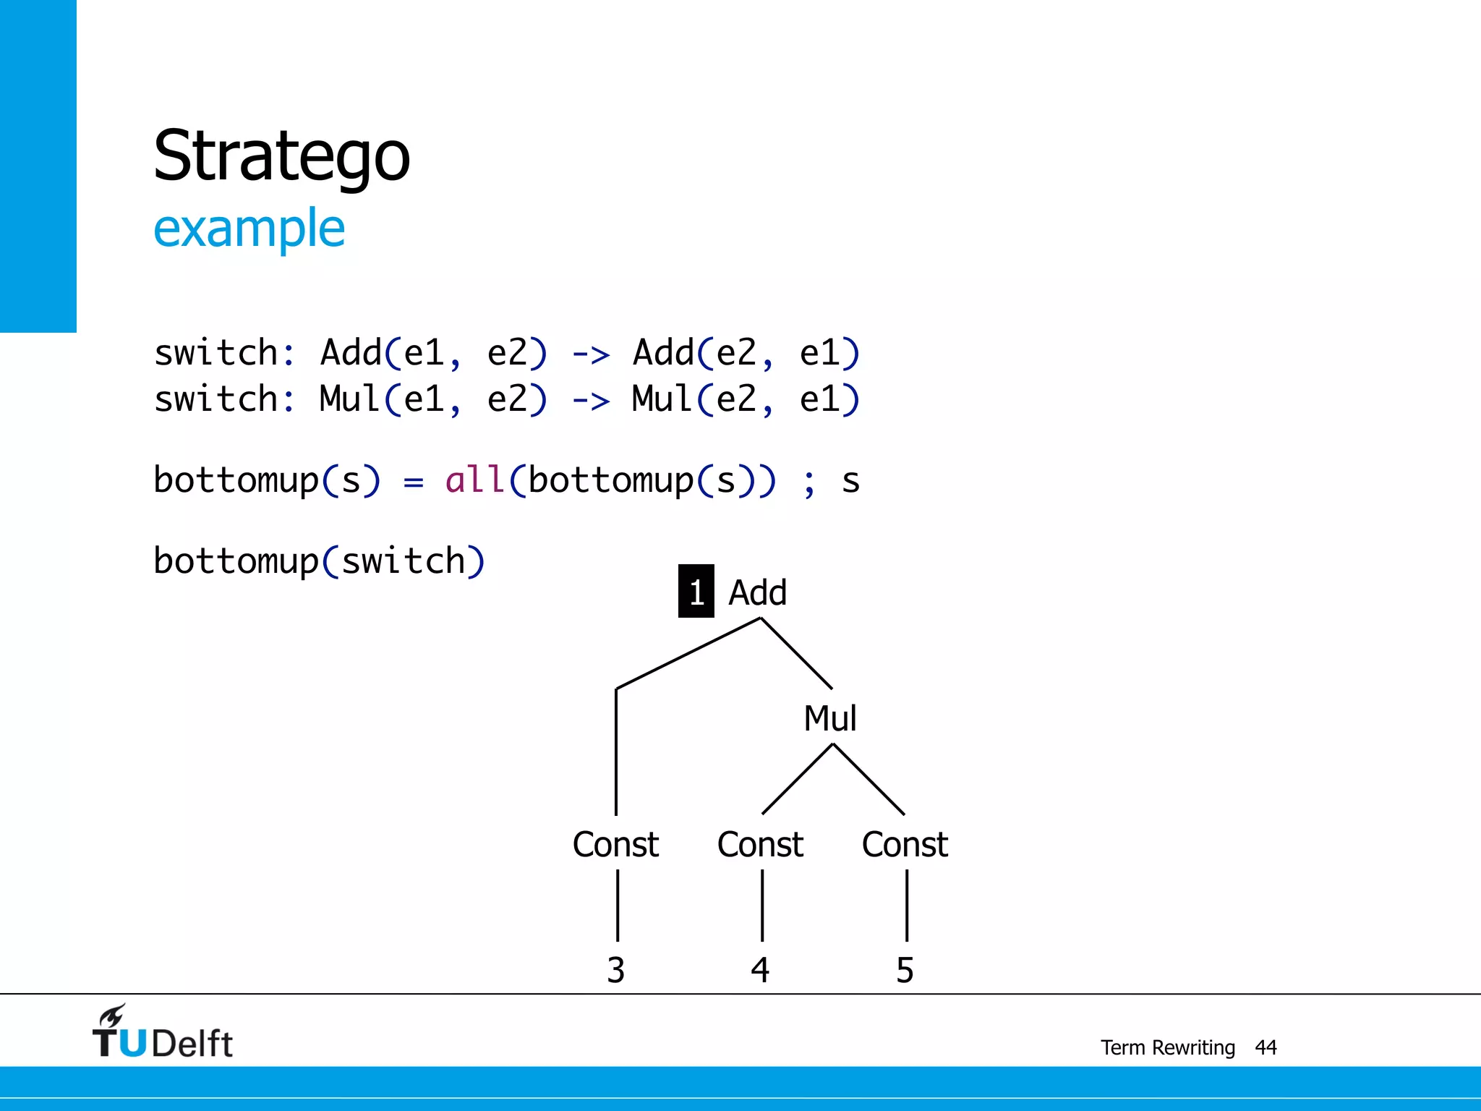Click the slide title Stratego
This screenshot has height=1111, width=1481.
point(281,156)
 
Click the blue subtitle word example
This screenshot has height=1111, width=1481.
point(249,229)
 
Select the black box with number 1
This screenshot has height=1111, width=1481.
point(696,592)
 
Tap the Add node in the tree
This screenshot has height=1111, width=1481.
point(757,592)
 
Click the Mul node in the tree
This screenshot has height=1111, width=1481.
point(830,718)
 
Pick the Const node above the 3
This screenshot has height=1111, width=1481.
point(615,844)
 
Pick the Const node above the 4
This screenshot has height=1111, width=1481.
point(760,844)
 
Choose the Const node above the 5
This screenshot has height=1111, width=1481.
point(905,844)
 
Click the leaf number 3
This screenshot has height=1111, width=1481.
point(615,970)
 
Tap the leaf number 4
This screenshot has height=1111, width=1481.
point(760,970)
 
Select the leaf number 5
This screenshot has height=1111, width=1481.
point(905,970)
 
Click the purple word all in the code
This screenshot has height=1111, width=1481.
point(474,480)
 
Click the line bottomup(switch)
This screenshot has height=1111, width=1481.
point(319,561)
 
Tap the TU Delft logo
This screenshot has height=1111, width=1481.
point(162,1033)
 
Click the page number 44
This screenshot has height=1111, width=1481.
point(1266,1047)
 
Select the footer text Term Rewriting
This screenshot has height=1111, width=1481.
point(1167,1047)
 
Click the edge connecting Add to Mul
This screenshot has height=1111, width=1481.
point(796,653)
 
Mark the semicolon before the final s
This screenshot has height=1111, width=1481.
point(808,483)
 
